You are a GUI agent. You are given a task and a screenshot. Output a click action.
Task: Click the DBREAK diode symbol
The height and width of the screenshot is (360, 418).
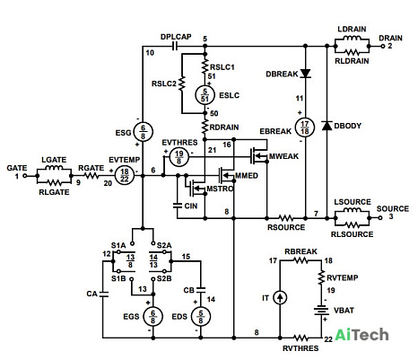(x=305, y=74)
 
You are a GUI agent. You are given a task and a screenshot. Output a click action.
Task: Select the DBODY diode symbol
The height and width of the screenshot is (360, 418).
(x=327, y=126)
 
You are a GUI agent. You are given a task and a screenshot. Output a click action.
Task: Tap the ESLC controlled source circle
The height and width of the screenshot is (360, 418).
(x=205, y=95)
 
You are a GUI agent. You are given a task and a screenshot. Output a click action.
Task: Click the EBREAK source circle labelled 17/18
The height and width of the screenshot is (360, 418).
(x=305, y=127)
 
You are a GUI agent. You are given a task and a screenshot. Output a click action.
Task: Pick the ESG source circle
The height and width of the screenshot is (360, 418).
(x=143, y=131)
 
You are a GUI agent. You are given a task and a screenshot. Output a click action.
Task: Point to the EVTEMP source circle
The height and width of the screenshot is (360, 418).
(x=125, y=175)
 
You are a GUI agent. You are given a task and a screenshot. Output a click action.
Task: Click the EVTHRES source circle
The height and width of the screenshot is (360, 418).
(x=179, y=156)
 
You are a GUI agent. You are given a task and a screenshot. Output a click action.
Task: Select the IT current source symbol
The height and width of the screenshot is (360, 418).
(x=280, y=298)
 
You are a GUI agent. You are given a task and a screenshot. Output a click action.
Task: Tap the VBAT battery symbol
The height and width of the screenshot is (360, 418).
(x=321, y=311)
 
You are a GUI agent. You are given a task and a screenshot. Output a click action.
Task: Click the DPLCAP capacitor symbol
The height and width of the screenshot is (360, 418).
(x=175, y=46)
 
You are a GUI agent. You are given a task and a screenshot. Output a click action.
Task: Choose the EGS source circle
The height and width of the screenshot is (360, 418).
(x=152, y=317)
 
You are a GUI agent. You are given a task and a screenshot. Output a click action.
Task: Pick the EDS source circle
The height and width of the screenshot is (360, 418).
(x=201, y=317)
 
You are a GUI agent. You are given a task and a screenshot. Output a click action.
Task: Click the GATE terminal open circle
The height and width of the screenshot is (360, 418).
(x=25, y=176)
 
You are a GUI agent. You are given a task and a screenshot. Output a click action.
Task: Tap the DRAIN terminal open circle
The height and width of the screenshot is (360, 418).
(x=382, y=46)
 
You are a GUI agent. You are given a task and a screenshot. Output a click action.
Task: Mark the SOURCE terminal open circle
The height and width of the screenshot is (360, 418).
(x=380, y=218)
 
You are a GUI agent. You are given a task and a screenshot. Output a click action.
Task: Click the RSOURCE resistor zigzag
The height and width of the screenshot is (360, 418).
(x=285, y=218)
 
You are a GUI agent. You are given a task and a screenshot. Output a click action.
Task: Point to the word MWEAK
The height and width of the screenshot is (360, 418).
(x=283, y=156)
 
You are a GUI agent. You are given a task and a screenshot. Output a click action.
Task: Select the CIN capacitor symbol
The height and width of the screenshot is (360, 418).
(x=178, y=206)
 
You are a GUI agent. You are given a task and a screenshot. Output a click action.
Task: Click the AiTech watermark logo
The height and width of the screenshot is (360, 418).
(x=361, y=335)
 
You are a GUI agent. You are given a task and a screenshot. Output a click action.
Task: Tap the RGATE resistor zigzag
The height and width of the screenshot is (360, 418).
(x=91, y=176)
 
